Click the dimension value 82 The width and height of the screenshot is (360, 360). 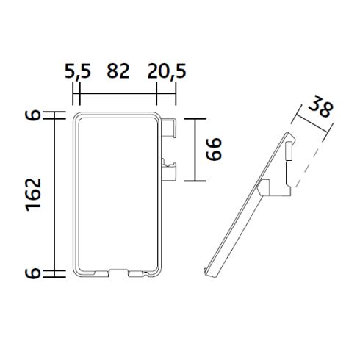click(118, 71)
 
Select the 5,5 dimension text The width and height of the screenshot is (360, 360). click(77, 71)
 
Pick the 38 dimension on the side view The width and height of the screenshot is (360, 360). click(320, 107)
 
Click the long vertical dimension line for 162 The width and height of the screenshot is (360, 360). click(56, 194)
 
